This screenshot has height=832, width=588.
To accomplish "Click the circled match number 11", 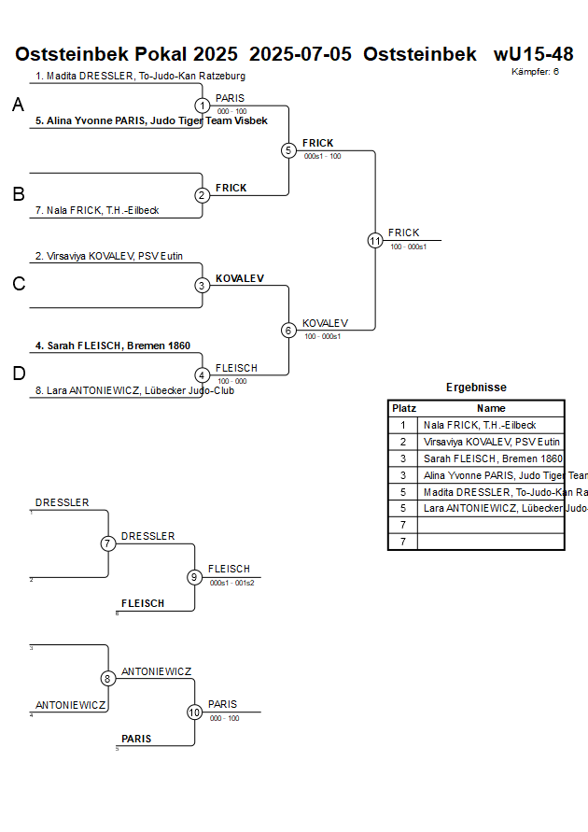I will click(375, 240).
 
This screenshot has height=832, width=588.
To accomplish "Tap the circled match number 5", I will click(288, 150).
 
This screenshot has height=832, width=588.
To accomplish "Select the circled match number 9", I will click(194, 577).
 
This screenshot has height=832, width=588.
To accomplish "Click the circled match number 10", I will click(194, 712).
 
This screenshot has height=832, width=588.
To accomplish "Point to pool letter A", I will click(18, 106).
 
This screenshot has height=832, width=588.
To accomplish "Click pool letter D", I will click(18, 374).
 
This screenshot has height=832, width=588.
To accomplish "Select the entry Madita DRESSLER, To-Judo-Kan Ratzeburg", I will click(140, 76).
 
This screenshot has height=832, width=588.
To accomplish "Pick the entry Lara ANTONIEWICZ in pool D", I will click(134, 390).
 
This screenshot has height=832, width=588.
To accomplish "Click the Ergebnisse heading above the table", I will click(476, 388).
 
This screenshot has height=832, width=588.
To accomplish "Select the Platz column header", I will click(403, 408).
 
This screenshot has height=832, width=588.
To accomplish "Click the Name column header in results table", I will click(491, 408).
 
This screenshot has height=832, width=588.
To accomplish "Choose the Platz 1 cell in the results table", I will click(403, 425).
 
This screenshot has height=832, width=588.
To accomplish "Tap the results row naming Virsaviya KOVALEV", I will click(491, 442).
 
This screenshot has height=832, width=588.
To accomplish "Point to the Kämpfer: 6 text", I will click(535, 71).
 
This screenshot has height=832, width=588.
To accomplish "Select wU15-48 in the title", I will click(533, 54).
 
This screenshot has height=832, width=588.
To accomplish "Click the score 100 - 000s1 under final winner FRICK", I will click(408, 247).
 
